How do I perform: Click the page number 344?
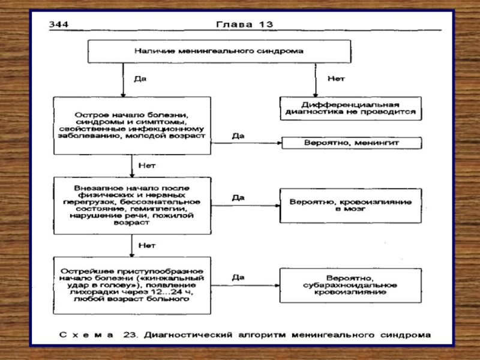(58, 24)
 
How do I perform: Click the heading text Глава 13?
(244, 24)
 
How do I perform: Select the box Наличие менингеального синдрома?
(219, 52)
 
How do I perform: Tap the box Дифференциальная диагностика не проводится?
(350, 109)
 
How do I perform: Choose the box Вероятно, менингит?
(352, 143)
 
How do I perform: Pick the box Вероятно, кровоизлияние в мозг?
(350, 205)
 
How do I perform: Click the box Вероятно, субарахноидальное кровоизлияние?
(350, 286)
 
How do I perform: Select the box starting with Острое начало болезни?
(132, 125)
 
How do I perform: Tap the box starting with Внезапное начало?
(132, 205)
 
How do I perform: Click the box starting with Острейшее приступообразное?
(132, 286)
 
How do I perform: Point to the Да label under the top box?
(140, 79)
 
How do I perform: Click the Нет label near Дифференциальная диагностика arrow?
(336, 79)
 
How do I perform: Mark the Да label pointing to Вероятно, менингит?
(238, 136)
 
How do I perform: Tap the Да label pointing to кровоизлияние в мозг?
(238, 197)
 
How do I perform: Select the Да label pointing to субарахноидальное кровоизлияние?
(238, 277)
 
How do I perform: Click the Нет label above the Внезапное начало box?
(147, 166)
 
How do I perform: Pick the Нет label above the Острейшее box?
(147, 245)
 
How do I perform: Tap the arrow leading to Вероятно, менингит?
(246, 143)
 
